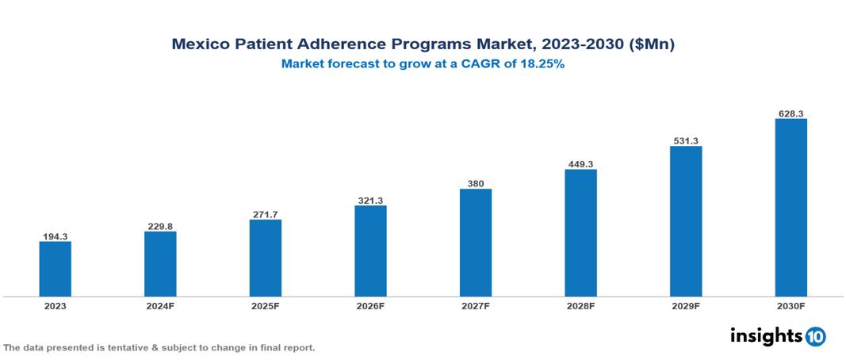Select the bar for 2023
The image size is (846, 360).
[56, 269]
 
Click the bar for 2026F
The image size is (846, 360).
[370, 251]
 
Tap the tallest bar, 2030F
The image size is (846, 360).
[790, 208]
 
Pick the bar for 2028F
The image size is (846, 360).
[580, 232]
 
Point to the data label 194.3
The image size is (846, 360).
[56, 236]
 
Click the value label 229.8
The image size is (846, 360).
[160, 227]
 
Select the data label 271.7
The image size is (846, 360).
[266, 214]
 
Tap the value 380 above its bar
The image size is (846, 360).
[476, 184]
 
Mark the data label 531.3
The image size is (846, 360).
[686, 141]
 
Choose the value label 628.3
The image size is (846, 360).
[790, 114]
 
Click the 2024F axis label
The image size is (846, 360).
[160, 305]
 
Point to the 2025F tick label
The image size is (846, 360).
[266, 305]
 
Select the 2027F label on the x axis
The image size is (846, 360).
[476, 305]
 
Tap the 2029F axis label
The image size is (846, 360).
[686, 305]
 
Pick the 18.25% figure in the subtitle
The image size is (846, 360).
[542, 65]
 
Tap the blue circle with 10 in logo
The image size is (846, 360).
[815, 337]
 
